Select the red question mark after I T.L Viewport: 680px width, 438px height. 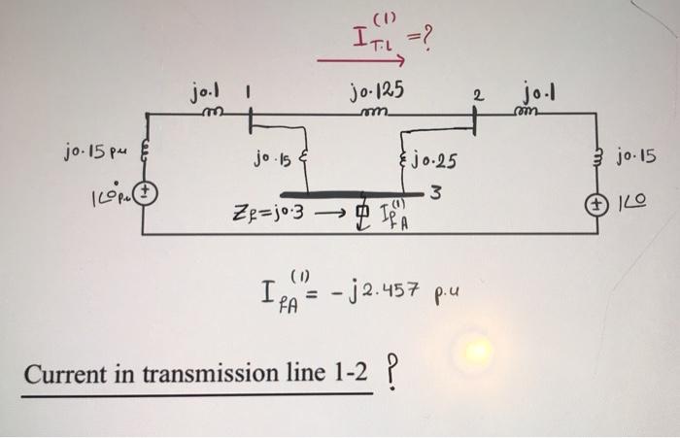click(x=425, y=41)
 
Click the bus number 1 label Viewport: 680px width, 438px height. click(x=249, y=92)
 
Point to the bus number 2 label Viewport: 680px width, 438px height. click(x=476, y=93)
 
